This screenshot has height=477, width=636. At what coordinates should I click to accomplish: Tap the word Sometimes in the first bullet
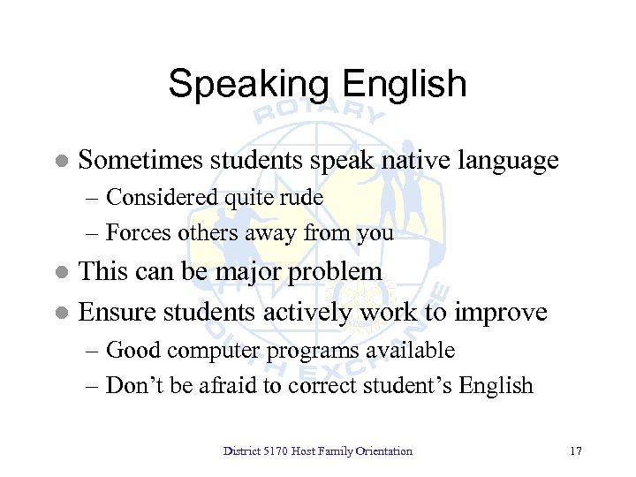click(x=140, y=161)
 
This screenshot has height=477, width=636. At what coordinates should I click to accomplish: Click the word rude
click(x=302, y=198)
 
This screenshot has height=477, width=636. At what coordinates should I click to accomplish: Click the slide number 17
click(x=576, y=451)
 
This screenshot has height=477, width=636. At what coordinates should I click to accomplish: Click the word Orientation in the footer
click(x=383, y=451)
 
